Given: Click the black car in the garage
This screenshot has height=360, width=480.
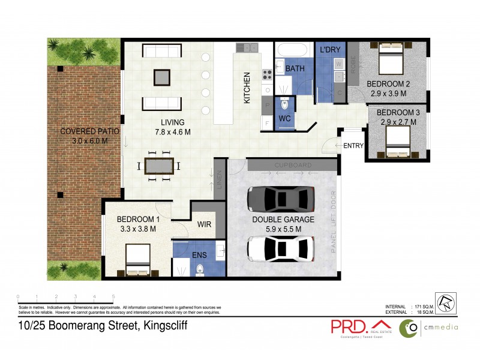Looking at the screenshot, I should click(x=281, y=197).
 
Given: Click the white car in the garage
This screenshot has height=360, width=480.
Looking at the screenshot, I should click(x=281, y=248).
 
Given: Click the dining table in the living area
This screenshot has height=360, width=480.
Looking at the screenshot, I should click(x=160, y=166).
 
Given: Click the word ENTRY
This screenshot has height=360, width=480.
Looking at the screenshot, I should click(x=353, y=145).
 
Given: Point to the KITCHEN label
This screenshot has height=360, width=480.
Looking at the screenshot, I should click(x=247, y=89).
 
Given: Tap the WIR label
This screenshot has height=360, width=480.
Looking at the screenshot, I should click(x=205, y=225).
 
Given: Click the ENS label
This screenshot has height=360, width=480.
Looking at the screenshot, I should click(x=200, y=255).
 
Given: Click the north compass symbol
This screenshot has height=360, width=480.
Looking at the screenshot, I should click(x=445, y=301).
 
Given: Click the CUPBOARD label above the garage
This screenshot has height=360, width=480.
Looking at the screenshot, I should click(x=292, y=164).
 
